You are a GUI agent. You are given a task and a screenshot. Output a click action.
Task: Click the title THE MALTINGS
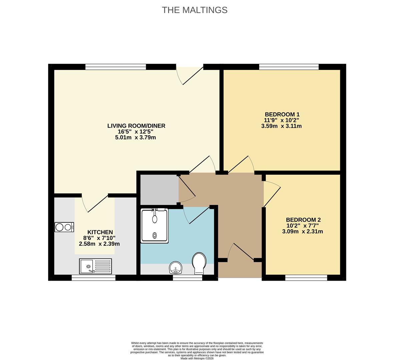(194, 10)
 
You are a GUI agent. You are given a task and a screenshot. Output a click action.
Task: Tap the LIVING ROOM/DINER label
(136, 126)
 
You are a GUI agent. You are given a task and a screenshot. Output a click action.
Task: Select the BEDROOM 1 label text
(282, 114)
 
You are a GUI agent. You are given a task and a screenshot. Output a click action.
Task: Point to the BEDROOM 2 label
(303, 220)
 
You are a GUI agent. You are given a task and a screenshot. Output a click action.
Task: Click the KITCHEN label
(100, 232)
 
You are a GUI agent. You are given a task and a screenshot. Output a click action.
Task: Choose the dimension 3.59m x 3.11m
(282, 126)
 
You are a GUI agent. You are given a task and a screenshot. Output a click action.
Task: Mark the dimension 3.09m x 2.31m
(303, 231)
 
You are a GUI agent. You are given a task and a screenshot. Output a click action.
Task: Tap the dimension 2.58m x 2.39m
(99, 244)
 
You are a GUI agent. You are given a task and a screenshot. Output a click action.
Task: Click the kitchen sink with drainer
(95, 266)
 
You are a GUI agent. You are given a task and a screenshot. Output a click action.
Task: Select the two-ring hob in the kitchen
(64, 227)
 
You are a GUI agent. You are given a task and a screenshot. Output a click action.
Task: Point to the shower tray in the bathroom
(154, 226)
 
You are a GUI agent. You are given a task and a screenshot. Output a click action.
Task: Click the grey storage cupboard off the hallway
(159, 189)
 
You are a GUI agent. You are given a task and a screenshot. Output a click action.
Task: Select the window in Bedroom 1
(289, 67)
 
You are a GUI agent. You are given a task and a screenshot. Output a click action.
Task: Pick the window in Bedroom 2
(306, 278)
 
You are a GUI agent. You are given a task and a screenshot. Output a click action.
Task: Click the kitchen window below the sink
(93, 278)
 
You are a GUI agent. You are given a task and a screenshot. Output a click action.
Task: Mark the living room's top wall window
(115, 67)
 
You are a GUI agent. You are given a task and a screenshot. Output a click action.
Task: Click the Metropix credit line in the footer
(197, 358)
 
